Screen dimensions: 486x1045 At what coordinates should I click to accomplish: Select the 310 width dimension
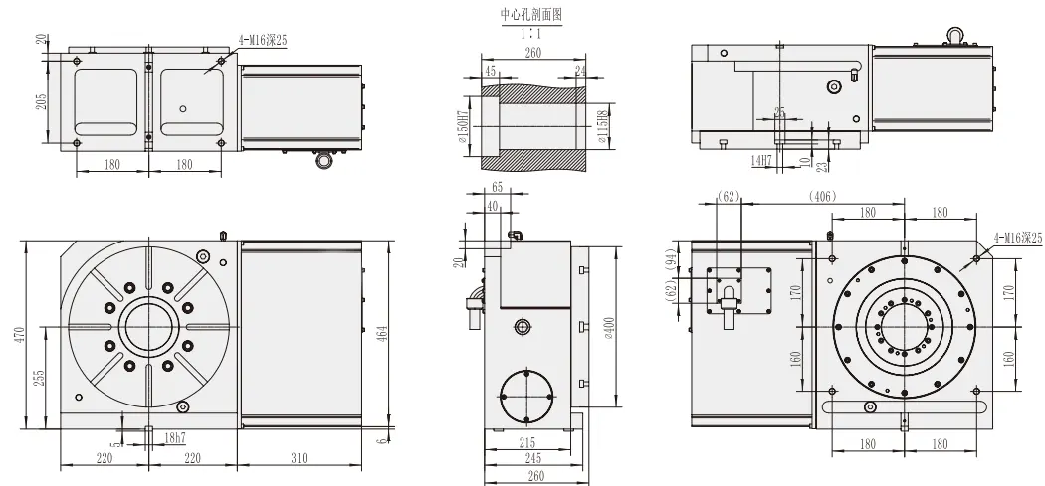click(x=300, y=458)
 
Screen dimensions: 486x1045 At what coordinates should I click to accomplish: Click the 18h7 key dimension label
click(x=175, y=437)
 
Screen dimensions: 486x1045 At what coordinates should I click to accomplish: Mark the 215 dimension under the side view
click(x=527, y=442)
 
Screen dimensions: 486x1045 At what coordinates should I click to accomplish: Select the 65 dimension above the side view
click(x=496, y=187)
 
